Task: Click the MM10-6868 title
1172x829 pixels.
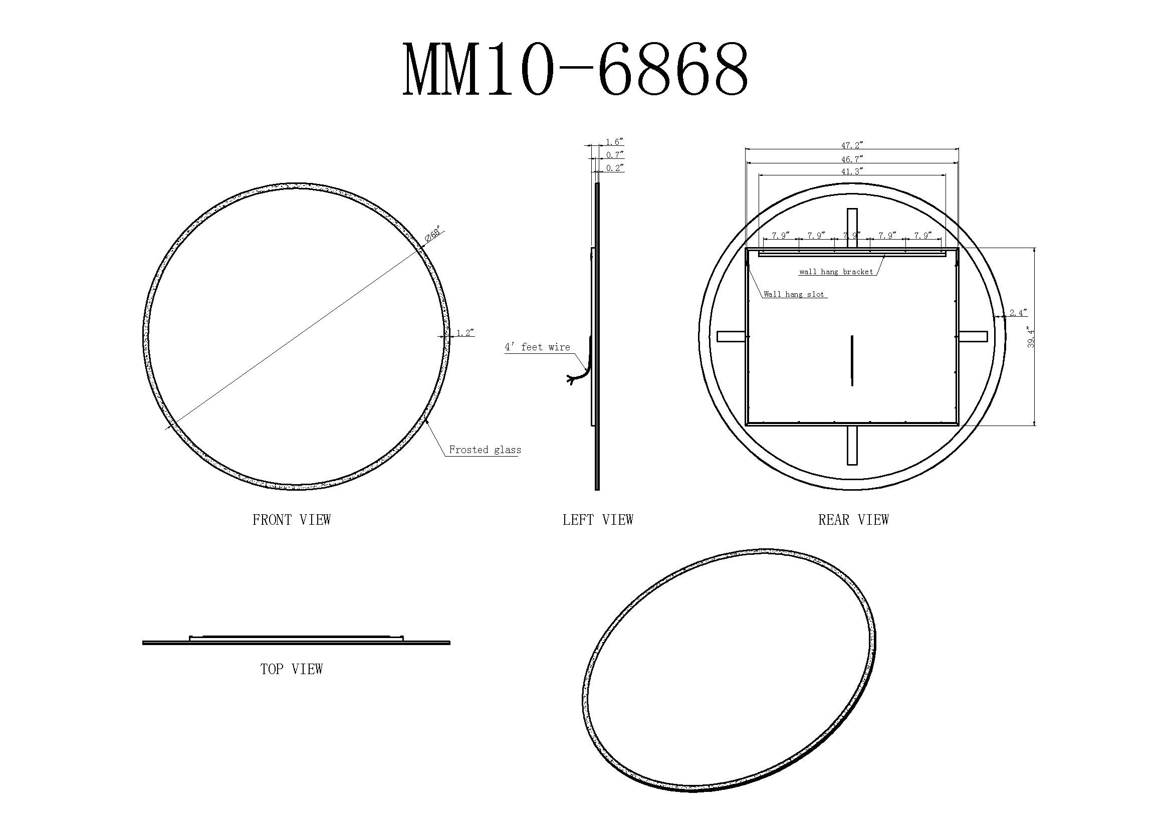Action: pyautogui.click(x=575, y=70)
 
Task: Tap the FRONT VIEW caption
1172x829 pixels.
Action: pyautogui.click(x=292, y=520)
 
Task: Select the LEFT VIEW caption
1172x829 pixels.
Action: pyautogui.click(x=598, y=520)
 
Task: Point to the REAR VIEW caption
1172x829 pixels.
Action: pyautogui.click(x=853, y=520)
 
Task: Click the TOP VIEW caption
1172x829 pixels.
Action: pyautogui.click(x=292, y=669)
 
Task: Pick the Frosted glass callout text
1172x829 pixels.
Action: pyautogui.click(x=485, y=450)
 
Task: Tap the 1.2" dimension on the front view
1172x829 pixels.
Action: pyautogui.click(x=465, y=333)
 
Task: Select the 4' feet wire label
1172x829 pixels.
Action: pyautogui.click(x=538, y=347)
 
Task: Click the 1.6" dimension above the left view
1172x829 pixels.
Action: pyautogui.click(x=615, y=142)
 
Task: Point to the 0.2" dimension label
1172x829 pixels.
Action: pyautogui.click(x=615, y=168)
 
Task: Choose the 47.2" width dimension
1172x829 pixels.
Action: pyautogui.click(x=851, y=145)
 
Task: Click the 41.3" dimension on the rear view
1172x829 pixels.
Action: pyautogui.click(x=851, y=171)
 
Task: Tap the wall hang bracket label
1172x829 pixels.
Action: pyautogui.click(x=836, y=272)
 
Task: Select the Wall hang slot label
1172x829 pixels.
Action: pyautogui.click(x=794, y=295)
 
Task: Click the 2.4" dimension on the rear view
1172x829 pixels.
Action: pyautogui.click(x=1018, y=313)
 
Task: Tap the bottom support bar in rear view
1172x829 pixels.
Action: pyautogui.click(x=852, y=445)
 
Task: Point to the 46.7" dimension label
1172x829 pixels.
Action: pyautogui.click(x=851, y=159)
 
